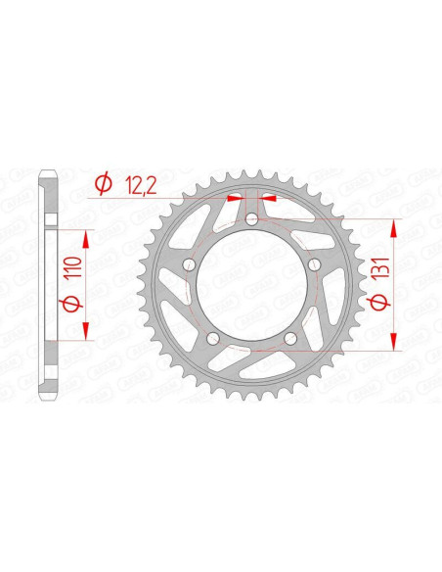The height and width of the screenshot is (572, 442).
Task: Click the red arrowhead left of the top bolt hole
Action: click(x=236, y=198)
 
